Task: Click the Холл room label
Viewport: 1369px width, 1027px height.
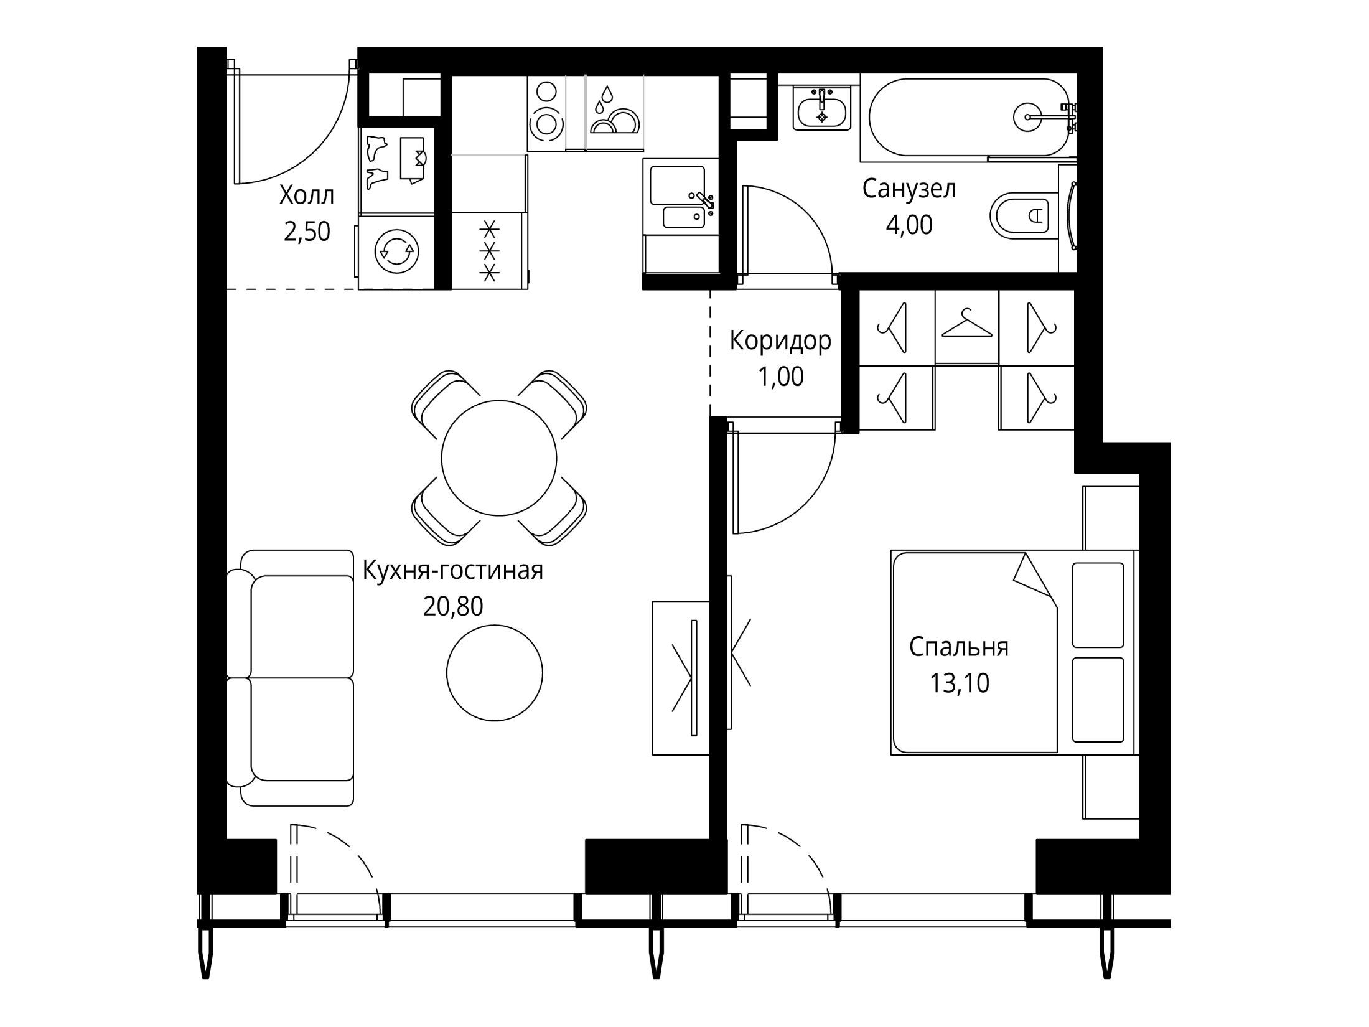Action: click(307, 196)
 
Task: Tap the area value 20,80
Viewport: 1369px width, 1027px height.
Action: click(453, 606)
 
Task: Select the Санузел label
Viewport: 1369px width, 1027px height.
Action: click(909, 189)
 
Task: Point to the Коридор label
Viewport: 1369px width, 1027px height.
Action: click(780, 341)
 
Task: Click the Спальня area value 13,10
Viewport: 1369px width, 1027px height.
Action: click(960, 683)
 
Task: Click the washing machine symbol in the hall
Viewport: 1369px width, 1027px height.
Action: click(396, 251)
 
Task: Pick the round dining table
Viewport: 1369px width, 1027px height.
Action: click(498, 457)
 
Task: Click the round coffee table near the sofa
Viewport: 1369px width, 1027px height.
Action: click(495, 673)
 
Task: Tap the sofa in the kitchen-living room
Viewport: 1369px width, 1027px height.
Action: click(290, 678)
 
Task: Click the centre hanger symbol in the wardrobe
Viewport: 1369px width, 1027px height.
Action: click(966, 325)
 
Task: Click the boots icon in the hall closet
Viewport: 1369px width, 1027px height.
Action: click(377, 161)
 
